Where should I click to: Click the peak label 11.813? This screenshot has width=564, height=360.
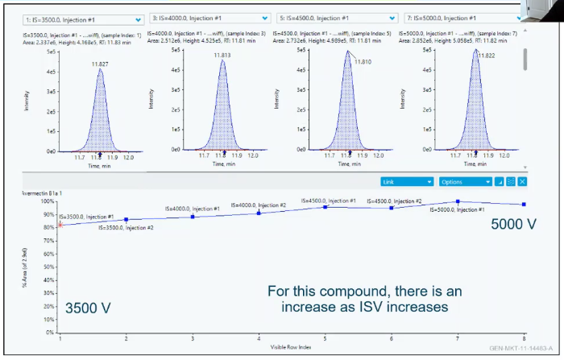pyautogui.click(x=222, y=55)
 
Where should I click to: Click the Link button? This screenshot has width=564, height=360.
pyautogui.click(x=407, y=181)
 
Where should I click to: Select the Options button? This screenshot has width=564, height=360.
pyautogui.click(x=464, y=181)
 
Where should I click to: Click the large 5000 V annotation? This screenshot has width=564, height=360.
pyautogui.click(x=514, y=224)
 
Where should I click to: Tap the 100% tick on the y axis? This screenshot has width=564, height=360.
pyautogui.click(x=48, y=201)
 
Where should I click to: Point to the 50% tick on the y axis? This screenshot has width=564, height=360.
pyautogui.click(x=49, y=267)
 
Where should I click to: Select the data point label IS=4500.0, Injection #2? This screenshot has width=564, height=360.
pyautogui.click(x=395, y=201)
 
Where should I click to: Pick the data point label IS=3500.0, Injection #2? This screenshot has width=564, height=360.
pyautogui.click(x=126, y=228)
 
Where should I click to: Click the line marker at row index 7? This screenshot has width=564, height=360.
pyautogui.click(x=458, y=201)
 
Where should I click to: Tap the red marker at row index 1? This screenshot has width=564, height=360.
pyautogui.click(x=60, y=225)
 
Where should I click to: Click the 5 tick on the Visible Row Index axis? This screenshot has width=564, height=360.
pyautogui.click(x=325, y=338)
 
